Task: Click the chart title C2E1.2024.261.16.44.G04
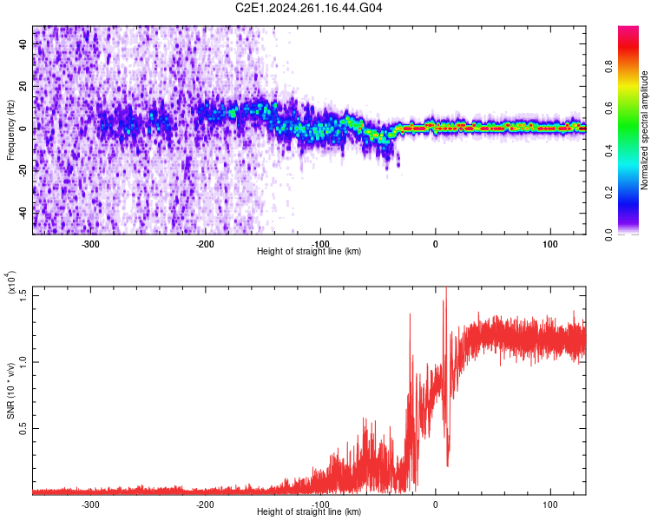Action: (x=310, y=8)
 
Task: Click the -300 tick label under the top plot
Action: (x=90, y=244)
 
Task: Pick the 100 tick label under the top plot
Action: (x=550, y=244)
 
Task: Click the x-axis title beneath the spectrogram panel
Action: (x=310, y=252)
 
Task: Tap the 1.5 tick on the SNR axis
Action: (x=23, y=294)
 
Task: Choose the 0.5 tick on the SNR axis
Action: (x=23, y=428)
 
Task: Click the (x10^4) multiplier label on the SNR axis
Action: (x=11, y=283)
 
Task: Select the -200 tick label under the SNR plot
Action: (x=205, y=504)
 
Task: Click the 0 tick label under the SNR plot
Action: (x=436, y=504)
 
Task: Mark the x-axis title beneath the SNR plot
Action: (x=310, y=511)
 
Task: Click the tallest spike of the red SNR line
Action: (x=446, y=290)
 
